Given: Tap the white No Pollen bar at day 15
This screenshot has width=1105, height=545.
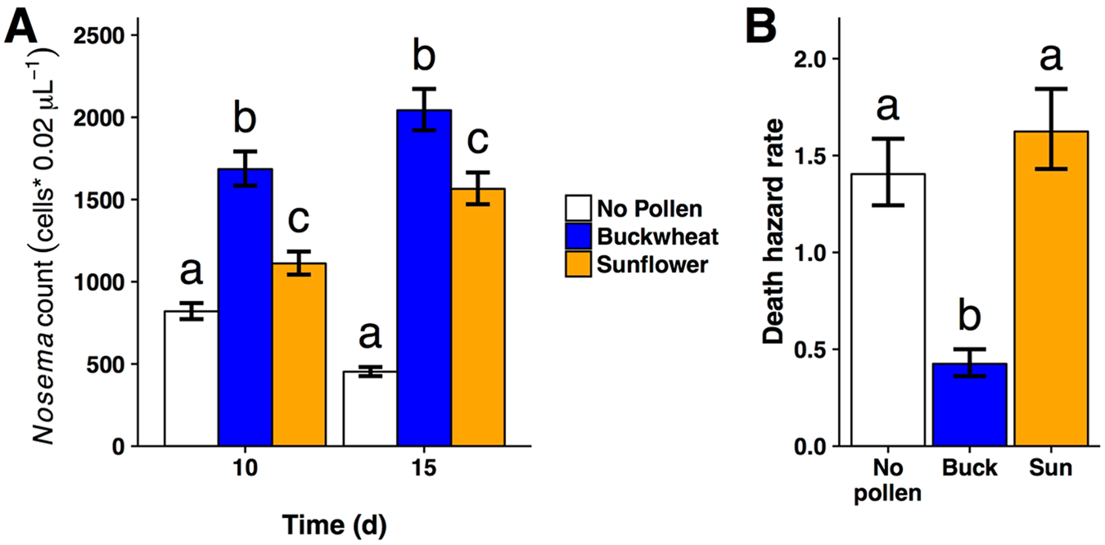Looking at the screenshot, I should click(369, 408).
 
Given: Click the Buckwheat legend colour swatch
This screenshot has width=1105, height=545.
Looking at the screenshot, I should click(580, 236).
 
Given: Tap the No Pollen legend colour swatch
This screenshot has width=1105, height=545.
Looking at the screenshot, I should click(580, 209).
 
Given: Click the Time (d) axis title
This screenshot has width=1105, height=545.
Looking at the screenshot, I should click(334, 522).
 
